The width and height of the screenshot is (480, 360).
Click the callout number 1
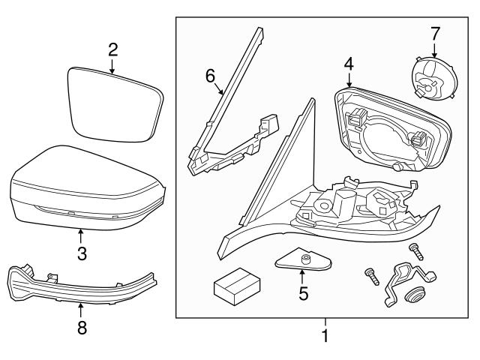325,337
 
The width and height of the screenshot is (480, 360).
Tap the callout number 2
112,50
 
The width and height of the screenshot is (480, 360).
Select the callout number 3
82,254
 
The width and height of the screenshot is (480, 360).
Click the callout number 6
210,75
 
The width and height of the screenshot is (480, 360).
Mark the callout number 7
435,33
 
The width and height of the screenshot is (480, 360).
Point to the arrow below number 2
112,67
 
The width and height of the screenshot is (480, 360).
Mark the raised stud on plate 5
306,259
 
